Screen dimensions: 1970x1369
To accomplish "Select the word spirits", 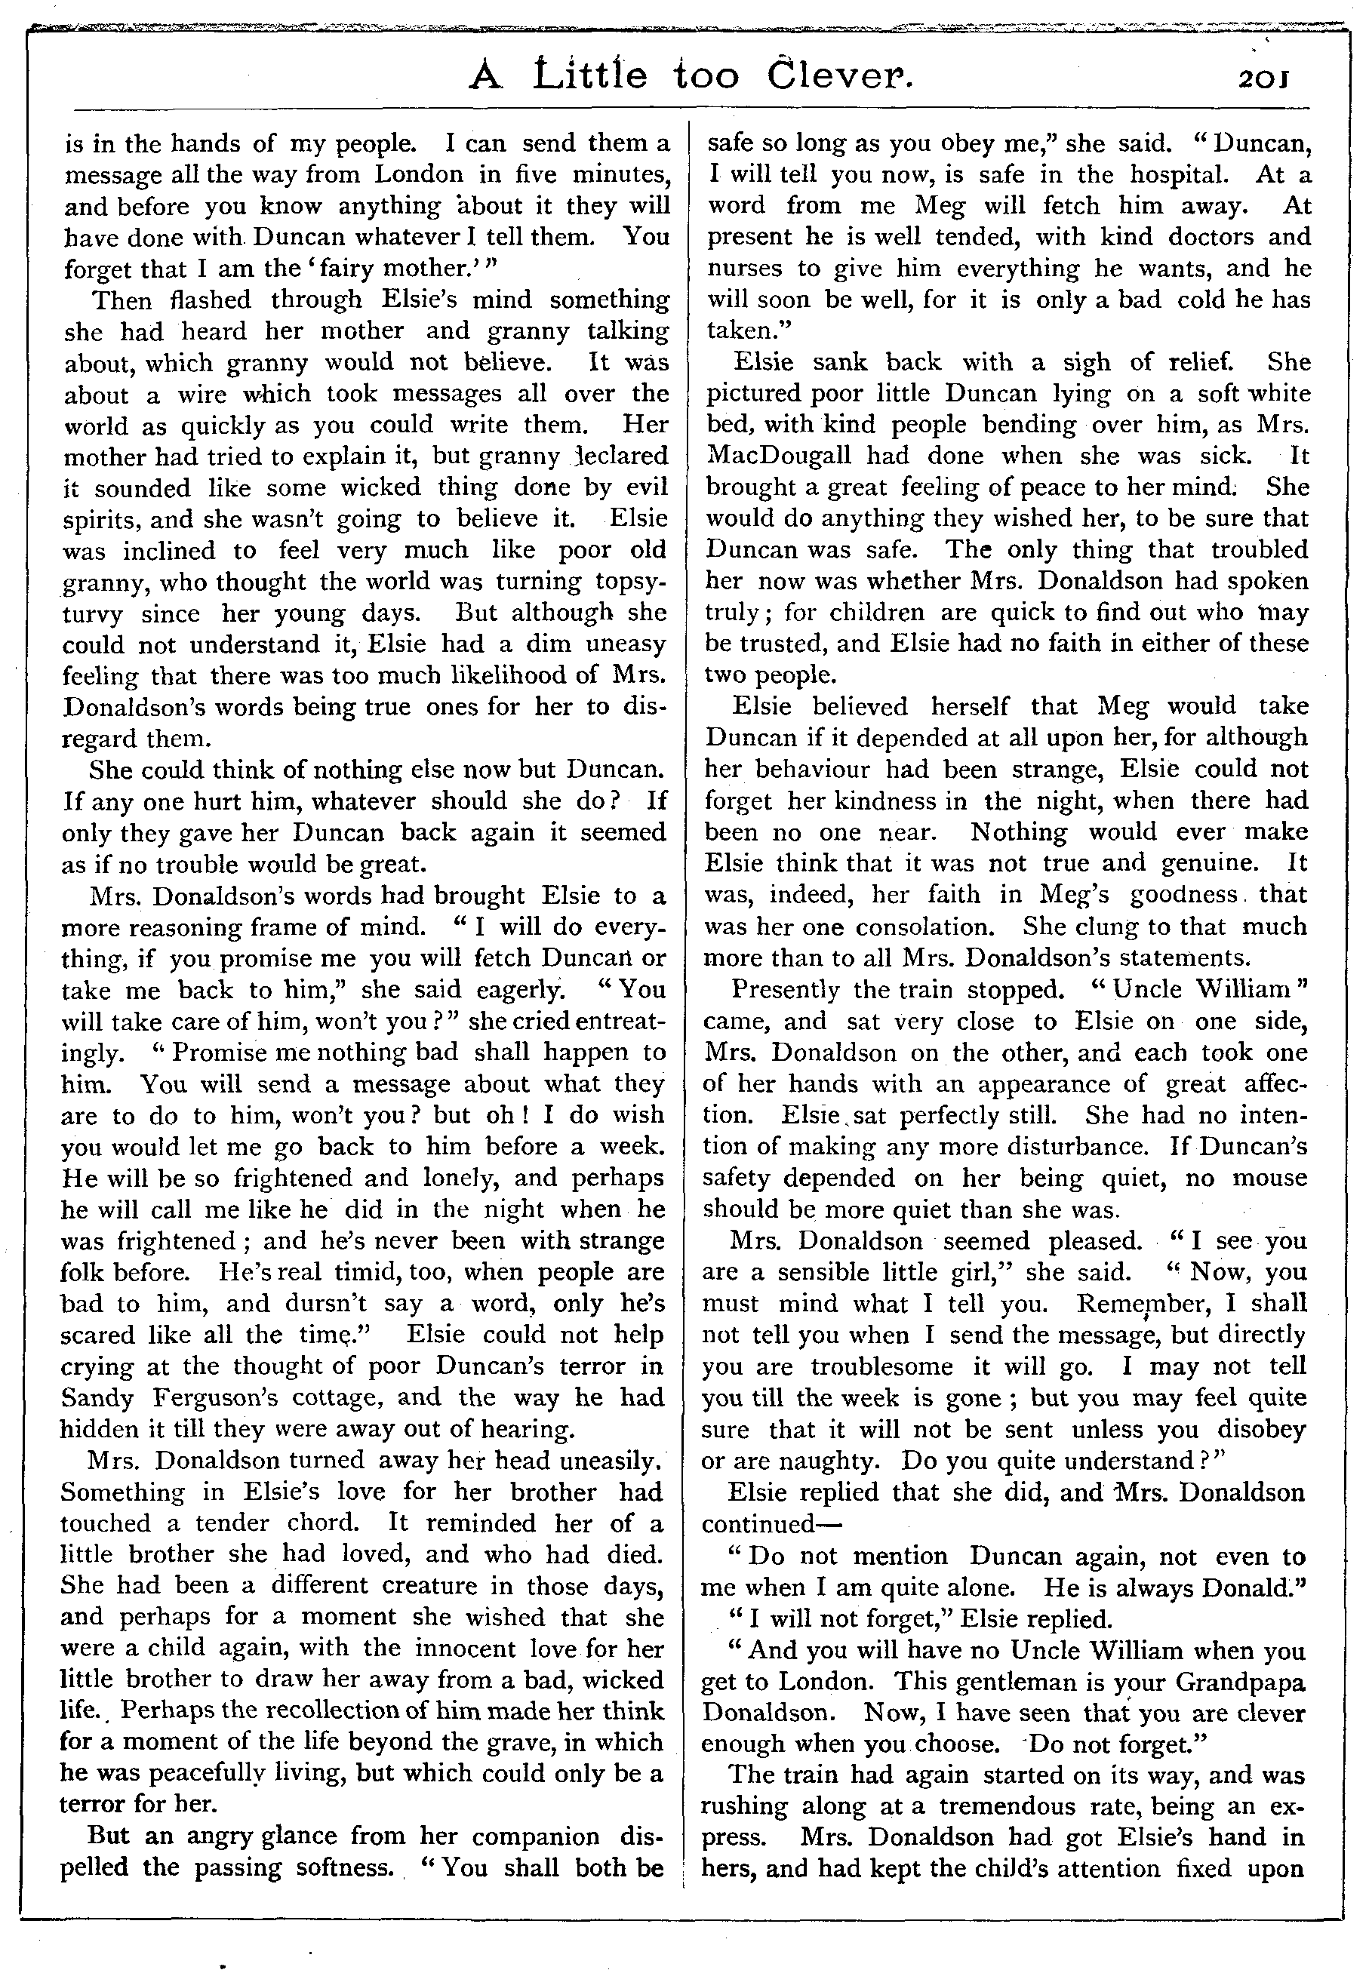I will coord(106,520).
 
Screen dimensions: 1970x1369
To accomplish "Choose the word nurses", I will coord(746,269).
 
